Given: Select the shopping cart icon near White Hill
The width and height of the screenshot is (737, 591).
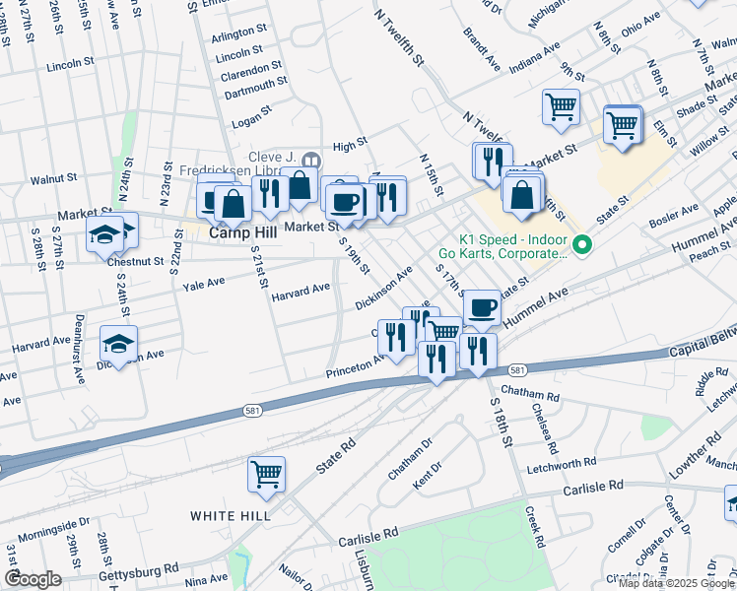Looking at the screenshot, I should coord(266,475).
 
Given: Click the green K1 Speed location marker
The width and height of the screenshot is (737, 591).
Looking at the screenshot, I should coord(582,244).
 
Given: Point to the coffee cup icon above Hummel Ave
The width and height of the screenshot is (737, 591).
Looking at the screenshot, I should coord(481,307).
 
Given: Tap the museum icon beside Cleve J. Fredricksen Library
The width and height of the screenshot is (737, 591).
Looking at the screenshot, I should coord(311,160).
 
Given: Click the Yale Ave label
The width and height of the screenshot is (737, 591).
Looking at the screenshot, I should coord(203,282).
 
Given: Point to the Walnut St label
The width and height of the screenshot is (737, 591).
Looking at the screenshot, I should coord(53,178).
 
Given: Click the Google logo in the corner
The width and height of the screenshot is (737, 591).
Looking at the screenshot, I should coord(33,579).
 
